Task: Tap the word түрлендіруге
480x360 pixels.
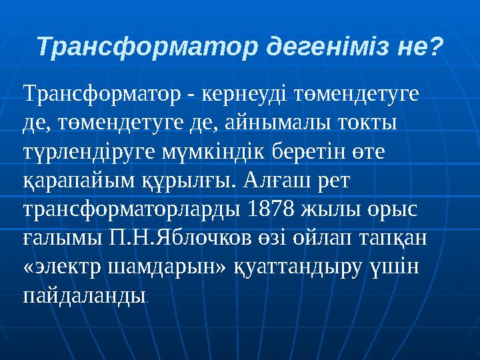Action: pyautogui.click(x=88, y=152)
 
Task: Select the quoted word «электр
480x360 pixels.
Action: pyautogui.click(x=61, y=265)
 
